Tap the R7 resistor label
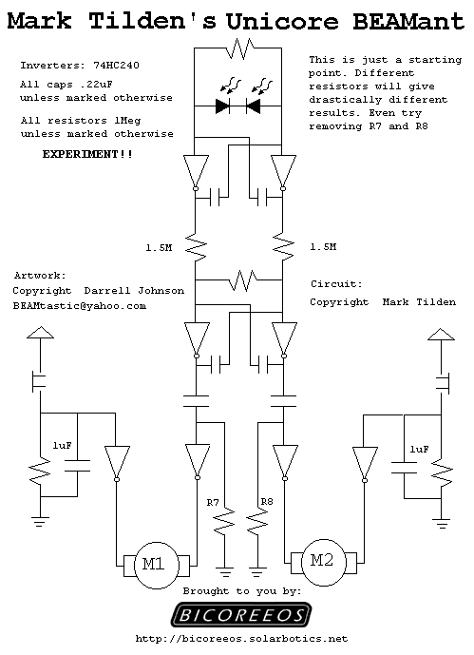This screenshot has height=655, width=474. coord(213,503)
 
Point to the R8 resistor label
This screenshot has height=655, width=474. coord(267,501)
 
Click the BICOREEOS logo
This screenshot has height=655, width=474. coord(241,615)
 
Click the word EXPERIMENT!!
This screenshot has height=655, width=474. coord(87,154)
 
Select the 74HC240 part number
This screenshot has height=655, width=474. coord(116,66)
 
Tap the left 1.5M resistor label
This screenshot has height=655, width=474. coord(159,248)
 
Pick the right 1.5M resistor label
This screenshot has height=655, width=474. coord(323,247)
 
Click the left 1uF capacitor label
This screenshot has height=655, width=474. coord(62,445)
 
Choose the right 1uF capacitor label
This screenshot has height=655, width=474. coord(419,449)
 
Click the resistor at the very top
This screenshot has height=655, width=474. coord(238,48)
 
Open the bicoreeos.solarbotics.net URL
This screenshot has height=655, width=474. coord(241,639)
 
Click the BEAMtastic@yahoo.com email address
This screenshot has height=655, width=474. coord(79,306)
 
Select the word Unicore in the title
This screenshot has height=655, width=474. coord(282,21)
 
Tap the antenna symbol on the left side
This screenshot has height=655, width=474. coord(40,333)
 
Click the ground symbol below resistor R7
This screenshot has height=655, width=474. coord(224,572)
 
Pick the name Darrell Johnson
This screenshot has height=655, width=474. coord(134,290)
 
